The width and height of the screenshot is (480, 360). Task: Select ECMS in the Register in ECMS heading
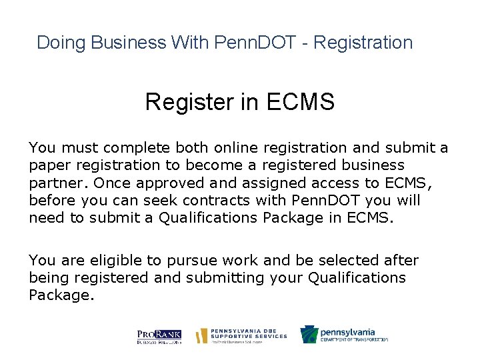301,103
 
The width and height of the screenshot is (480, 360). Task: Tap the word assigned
264,183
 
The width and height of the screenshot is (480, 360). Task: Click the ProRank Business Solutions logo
159,336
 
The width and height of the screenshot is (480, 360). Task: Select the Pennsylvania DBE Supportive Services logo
241,335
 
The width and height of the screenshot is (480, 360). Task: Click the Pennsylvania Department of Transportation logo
344,335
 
